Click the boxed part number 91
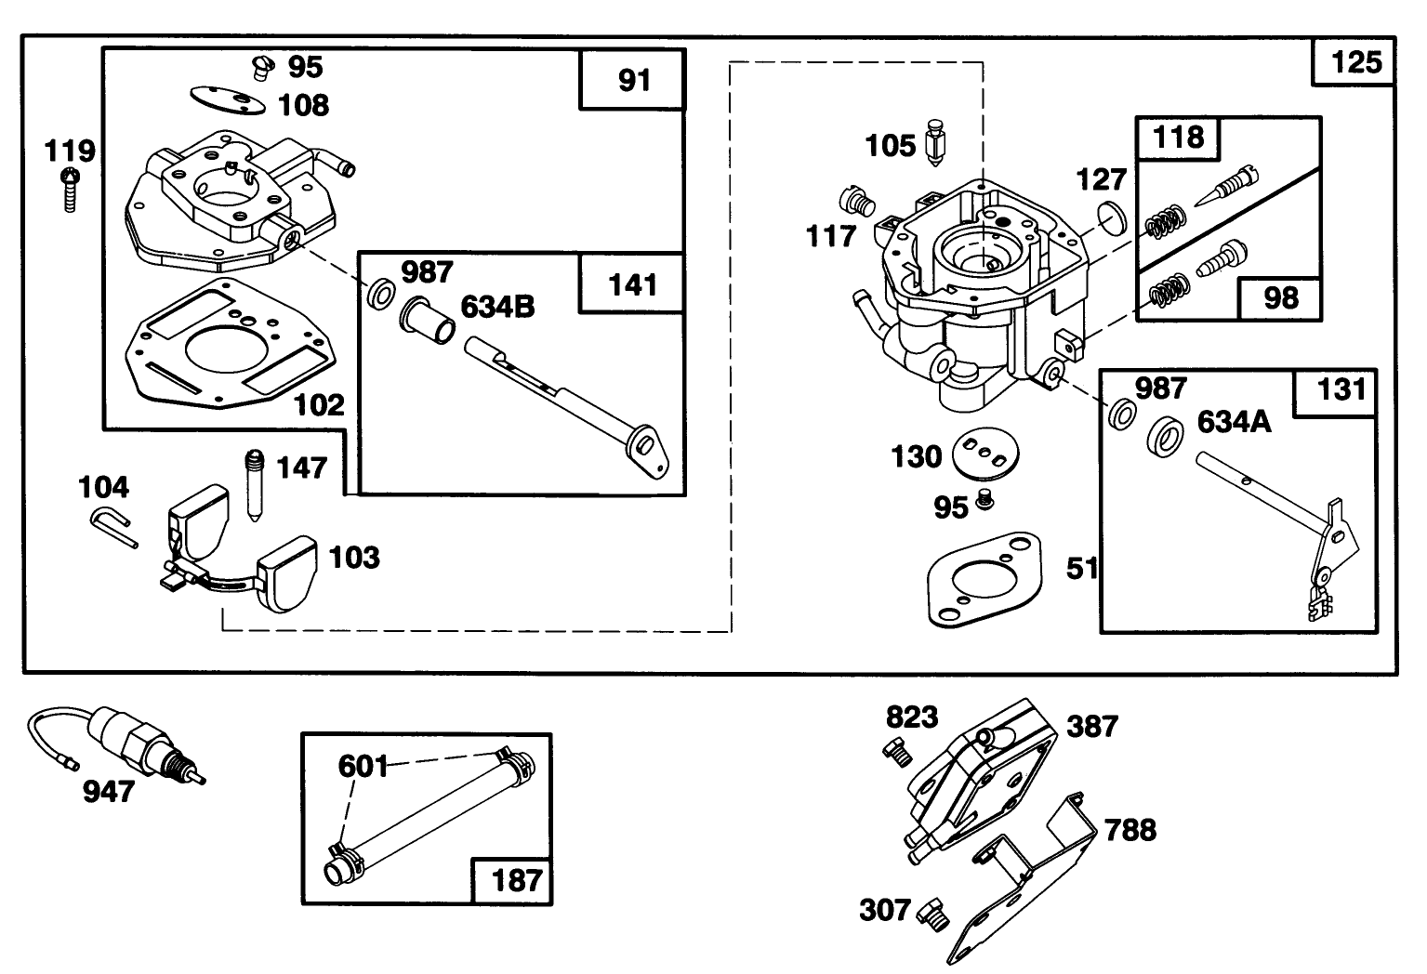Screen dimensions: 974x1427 tap(634, 81)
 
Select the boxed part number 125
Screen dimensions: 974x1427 tap(1356, 61)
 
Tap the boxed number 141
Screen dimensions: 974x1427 tap(632, 284)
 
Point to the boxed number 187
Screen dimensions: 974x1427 tap(515, 879)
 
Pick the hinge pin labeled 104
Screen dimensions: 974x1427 tap(113, 525)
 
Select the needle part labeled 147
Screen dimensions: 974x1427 tap(254, 484)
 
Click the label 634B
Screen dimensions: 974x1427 tap(498, 306)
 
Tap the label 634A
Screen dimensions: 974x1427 tap(1233, 422)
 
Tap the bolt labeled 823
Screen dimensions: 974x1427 tap(897, 750)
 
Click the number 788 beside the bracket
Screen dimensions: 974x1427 tap(1130, 829)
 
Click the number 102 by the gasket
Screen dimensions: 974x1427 tap(319, 404)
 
